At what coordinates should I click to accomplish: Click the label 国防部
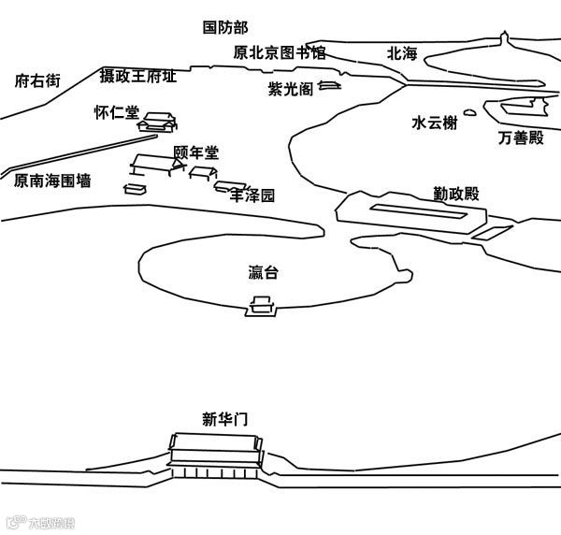(225, 28)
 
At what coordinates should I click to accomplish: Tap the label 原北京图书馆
(280, 52)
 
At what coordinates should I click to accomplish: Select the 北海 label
(403, 53)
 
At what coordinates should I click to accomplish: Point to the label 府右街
(37, 81)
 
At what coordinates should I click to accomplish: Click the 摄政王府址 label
(138, 75)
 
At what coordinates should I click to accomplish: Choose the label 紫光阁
(289, 89)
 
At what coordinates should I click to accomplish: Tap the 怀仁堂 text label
(116, 112)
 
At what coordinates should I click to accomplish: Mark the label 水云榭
(435, 123)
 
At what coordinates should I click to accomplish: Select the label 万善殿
(521, 138)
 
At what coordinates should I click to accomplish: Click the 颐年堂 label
(196, 152)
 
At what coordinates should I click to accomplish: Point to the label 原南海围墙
(52, 181)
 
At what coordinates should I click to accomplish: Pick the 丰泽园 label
(253, 196)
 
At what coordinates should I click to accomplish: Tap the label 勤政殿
(456, 194)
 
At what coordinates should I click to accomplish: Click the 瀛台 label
(264, 273)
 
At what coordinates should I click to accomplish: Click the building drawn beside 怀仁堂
(157, 122)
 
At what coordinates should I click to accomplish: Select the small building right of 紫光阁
(328, 86)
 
